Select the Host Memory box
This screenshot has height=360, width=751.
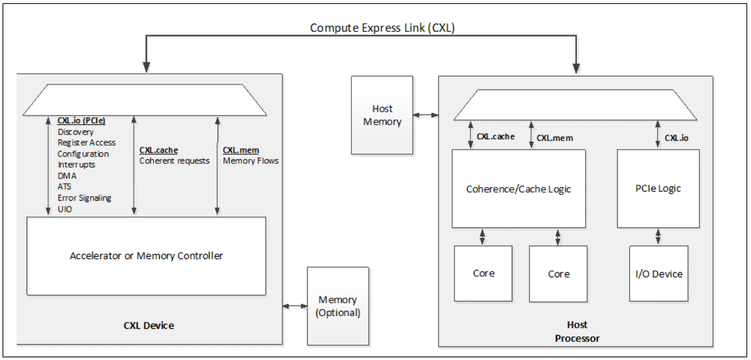[x=383, y=115]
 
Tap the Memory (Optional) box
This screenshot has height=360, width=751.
[x=338, y=306]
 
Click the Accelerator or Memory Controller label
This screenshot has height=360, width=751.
[x=146, y=256]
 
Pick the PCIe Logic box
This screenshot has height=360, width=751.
[x=658, y=188]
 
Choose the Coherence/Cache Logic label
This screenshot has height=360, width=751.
[x=519, y=189]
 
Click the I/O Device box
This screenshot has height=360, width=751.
[x=659, y=274]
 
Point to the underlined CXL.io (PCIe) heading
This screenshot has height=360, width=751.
[x=82, y=121]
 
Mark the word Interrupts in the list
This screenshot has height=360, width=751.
[x=77, y=164]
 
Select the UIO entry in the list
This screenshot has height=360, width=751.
[x=65, y=209]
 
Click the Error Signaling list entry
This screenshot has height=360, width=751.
[x=84, y=198]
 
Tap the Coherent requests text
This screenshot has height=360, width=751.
[x=175, y=160]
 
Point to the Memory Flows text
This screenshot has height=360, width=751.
[x=251, y=160]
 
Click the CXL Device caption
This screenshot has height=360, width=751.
[x=148, y=325]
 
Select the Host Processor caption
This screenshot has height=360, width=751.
[x=577, y=332]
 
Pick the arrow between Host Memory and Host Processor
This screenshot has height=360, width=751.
[x=425, y=115]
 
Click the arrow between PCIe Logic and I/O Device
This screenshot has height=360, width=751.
[x=658, y=237]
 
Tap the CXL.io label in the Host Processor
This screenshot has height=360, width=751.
[x=676, y=137]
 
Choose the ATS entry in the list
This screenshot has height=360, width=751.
[x=65, y=187]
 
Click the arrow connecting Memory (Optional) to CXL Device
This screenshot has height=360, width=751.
[x=295, y=306]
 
